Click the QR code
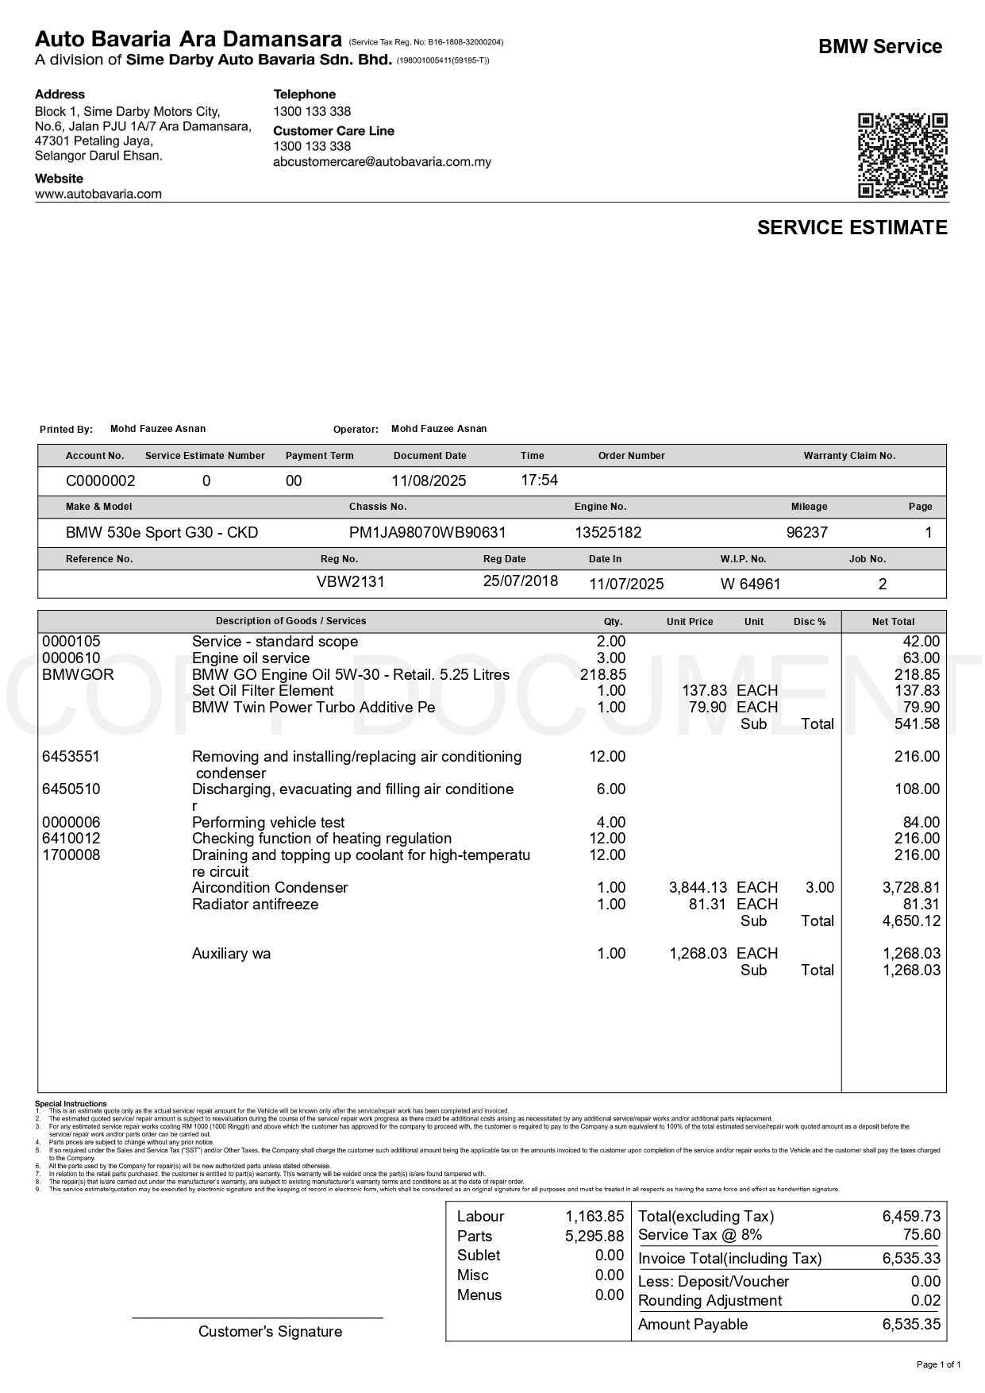point(902,156)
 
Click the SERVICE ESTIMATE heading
point(852,228)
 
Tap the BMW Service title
point(879,47)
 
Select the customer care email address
point(382,162)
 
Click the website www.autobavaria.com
point(98,194)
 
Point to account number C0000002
point(100,481)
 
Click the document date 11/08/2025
point(429,481)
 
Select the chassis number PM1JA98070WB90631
point(427,533)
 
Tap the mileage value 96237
point(806,533)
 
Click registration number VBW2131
point(350,582)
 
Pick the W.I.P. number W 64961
point(750,585)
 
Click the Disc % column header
point(810,622)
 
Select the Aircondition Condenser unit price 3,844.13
point(698,888)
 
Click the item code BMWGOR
point(78,675)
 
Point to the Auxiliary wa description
point(231,954)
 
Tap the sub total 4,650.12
point(911,921)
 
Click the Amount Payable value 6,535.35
point(910,1325)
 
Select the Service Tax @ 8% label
point(699,1235)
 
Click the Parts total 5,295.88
point(594,1237)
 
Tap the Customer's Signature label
point(270,1332)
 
